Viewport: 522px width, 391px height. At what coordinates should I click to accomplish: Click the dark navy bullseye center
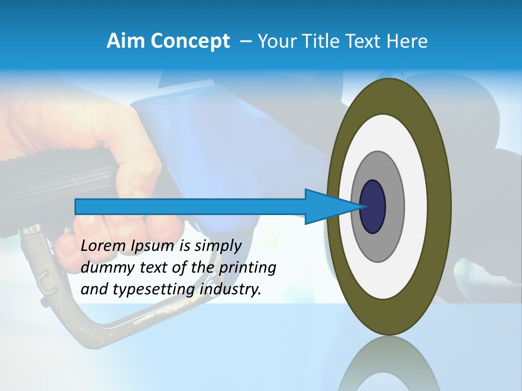click(372, 206)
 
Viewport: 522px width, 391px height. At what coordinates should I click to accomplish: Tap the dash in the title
click(245, 41)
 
